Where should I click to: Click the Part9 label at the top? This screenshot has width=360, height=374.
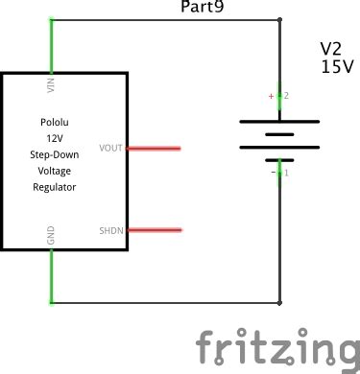tap(204, 8)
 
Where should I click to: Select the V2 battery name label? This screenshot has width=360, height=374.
tap(331, 48)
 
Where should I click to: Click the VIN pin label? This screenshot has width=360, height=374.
tap(50, 86)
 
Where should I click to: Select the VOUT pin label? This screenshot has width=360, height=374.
tap(111, 149)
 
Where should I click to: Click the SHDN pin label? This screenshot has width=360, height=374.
tap(111, 231)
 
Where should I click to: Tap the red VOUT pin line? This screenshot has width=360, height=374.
tap(154, 149)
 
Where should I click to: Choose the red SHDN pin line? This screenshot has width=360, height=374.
tap(154, 230)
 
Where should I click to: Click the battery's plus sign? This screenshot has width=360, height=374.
tap(271, 97)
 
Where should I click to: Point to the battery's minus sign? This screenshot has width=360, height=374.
tap(271, 173)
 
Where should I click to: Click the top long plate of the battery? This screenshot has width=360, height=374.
tap(279, 121)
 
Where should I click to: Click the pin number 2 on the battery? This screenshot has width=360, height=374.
tap(286, 97)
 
